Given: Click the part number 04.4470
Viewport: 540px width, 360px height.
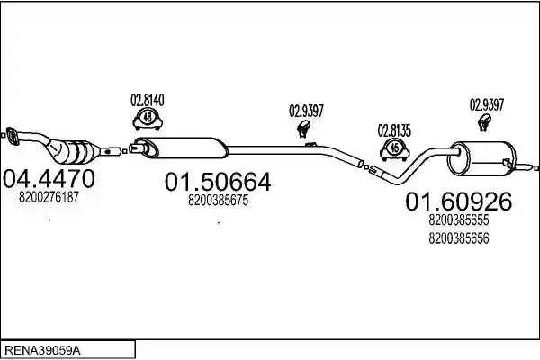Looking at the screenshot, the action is click(x=49, y=179).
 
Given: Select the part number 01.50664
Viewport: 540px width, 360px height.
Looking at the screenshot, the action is click(x=218, y=182).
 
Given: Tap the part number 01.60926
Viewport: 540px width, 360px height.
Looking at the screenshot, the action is click(x=459, y=202).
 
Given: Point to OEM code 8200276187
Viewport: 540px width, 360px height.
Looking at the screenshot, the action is click(x=49, y=197).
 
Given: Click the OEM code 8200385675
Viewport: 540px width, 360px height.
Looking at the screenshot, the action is click(x=218, y=200).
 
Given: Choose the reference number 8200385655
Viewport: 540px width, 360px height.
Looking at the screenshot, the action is click(x=459, y=220).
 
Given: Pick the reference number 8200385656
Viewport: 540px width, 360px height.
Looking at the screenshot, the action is click(x=459, y=238).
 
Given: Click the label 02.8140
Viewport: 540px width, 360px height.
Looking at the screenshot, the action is click(x=148, y=100).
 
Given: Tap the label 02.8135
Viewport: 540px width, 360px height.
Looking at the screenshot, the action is click(x=395, y=130).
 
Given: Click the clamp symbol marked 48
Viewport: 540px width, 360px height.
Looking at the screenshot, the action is click(x=148, y=119).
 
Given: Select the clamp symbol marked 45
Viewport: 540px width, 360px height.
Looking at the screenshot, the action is click(x=395, y=149).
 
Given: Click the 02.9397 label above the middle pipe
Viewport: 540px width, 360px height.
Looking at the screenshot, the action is click(x=306, y=111).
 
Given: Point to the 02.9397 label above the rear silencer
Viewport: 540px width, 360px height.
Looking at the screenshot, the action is click(x=487, y=104).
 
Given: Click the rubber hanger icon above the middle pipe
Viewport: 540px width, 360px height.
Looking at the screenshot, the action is click(x=303, y=129).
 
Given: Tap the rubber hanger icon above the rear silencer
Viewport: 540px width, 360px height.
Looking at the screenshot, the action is click(x=484, y=123).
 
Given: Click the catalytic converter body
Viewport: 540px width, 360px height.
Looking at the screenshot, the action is click(x=72, y=151).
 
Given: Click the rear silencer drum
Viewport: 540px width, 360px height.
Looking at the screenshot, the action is click(x=482, y=157).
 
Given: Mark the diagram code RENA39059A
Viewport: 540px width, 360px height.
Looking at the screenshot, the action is click(x=42, y=351).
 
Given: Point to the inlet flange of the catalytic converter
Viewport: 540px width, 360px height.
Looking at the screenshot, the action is click(x=12, y=137).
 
